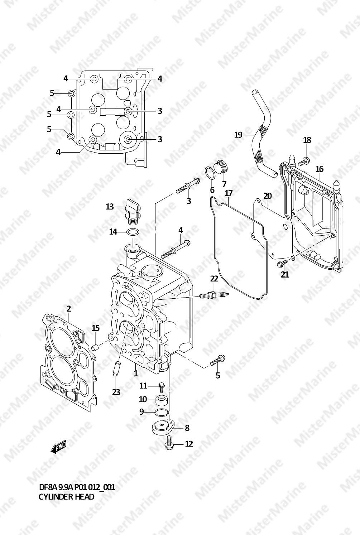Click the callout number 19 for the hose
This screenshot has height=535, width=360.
click(239, 135)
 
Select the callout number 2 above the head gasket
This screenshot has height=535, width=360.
click(69, 309)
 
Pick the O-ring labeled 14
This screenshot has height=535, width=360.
click(133, 232)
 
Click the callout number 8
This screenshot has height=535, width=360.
click(187, 428)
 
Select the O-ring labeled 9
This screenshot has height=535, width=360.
click(162, 413)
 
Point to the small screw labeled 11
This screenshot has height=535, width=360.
click(162, 387)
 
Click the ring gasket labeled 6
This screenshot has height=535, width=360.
click(211, 173)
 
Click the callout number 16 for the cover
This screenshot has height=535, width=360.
click(320, 169)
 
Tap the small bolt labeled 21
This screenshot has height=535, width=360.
click(282, 264)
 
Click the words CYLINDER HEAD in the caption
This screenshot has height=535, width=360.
click(66, 497)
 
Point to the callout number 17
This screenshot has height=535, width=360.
click(229, 193)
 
